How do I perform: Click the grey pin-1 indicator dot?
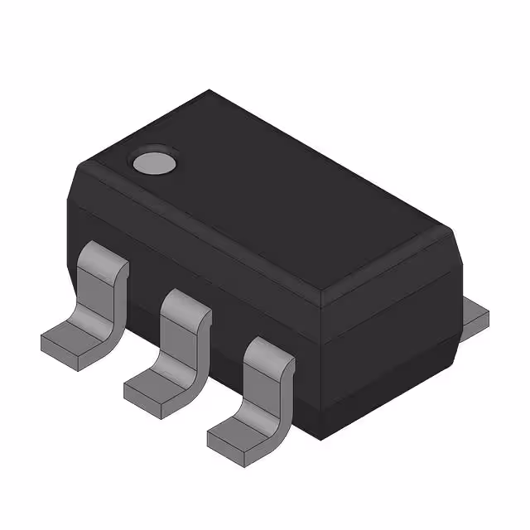click(x=155, y=162)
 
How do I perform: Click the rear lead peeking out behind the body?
click(x=475, y=315)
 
